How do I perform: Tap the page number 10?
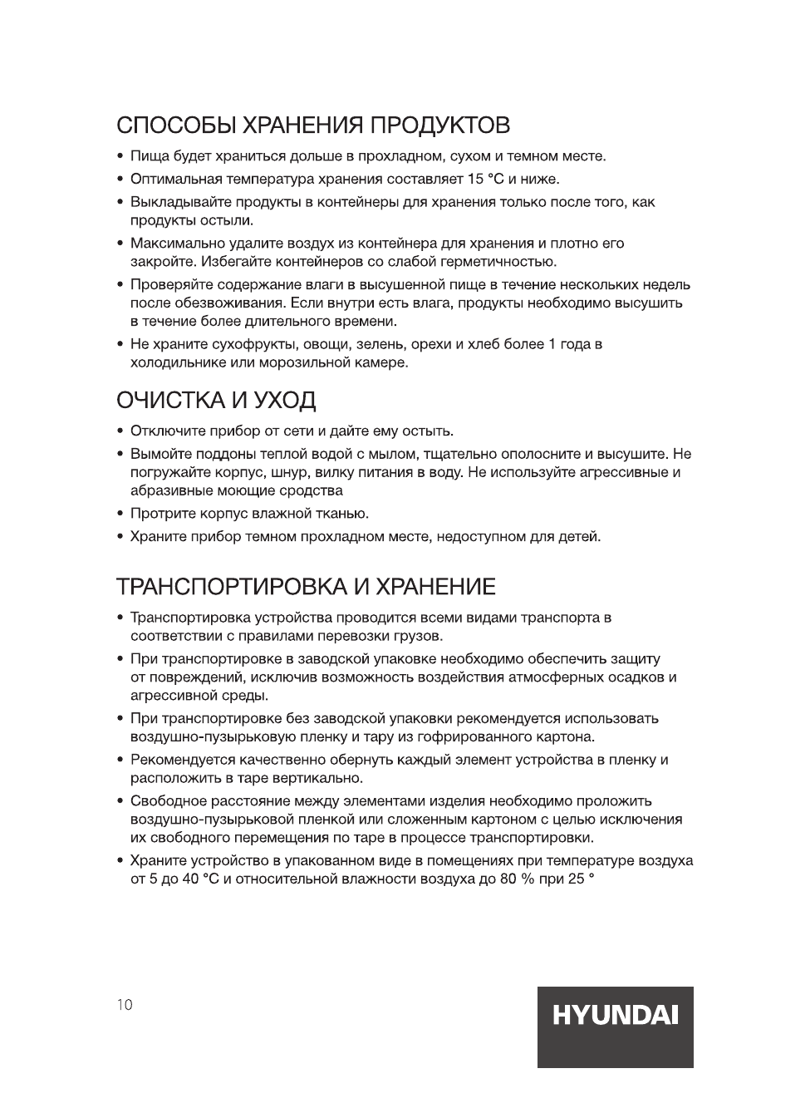[124, 1004]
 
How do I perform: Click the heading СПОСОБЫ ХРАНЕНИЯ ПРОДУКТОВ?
[313, 126]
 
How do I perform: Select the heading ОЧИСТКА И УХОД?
[216, 401]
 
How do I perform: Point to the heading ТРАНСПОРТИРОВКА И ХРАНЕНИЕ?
[306, 587]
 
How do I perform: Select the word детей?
[579, 536]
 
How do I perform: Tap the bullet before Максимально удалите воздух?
[120, 244]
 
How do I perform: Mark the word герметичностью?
[498, 262]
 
